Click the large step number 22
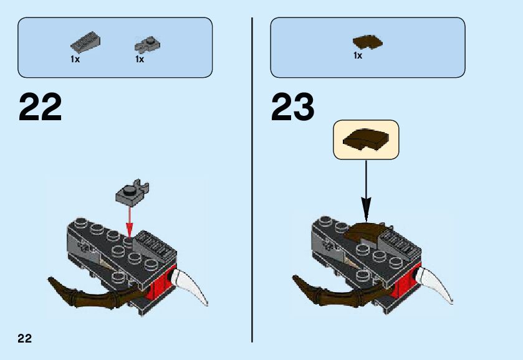(x=41, y=108)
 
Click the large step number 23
(x=292, y=108)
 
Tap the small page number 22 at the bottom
(x=24, y=338)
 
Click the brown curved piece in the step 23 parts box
(x=368, y=42)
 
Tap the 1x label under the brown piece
(x=358, y=56)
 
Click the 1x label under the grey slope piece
(x=75, y=60)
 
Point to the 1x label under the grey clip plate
(x=140, y=60)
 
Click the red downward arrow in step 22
(x=130, y=219)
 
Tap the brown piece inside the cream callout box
(x=366, y=139)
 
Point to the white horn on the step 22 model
(x=193, y=286)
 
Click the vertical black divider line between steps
(x=252, y=181)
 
